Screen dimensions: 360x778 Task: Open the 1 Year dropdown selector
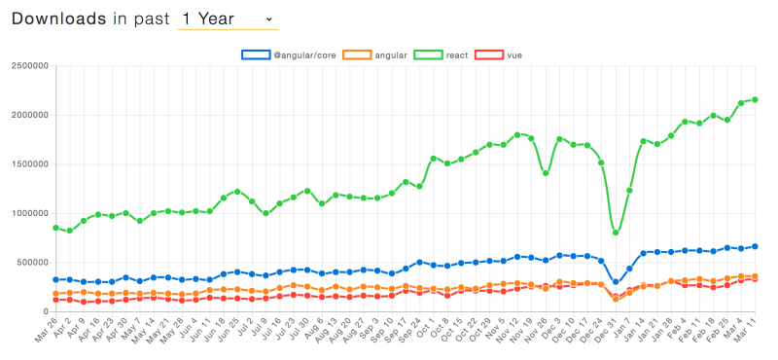[227, 19]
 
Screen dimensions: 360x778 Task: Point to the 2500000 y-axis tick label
[29, 67]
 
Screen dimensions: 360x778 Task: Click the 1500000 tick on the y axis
[29, 164]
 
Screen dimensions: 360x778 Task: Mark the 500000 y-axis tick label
[32, 263]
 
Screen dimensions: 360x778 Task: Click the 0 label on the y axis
[49, 311]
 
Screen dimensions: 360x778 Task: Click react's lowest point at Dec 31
[616, 233]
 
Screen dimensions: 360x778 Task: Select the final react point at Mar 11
[755, 99]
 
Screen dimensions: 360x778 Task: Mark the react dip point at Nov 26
[546, 173]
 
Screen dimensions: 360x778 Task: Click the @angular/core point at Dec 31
[616, 282]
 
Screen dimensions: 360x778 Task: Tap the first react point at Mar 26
[56, 228]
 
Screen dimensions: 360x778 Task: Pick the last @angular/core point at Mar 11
[755, 246]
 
